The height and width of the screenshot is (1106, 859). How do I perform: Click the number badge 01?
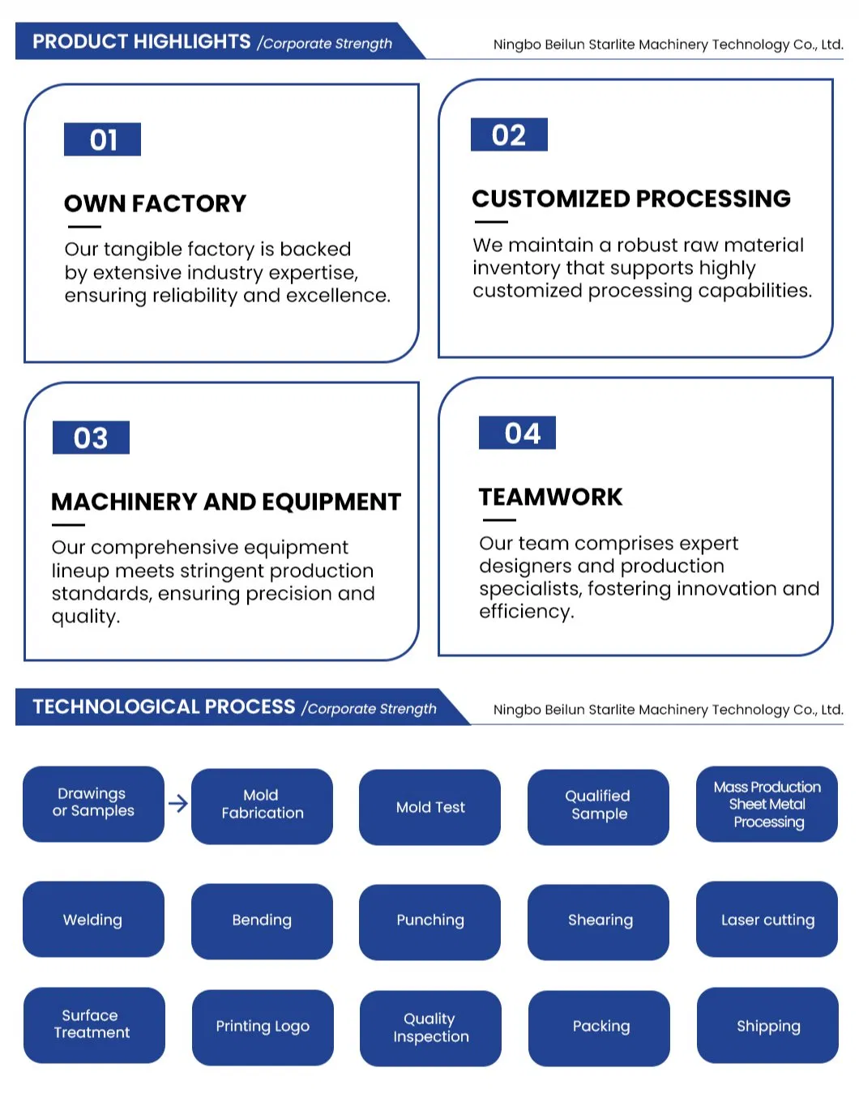pyautogui.click(x=102, y=139)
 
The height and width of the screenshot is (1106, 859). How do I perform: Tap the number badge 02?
pyautogui.click(x=509, y=135)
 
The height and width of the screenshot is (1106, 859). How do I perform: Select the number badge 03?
pyautogui.click(x=91, y=438)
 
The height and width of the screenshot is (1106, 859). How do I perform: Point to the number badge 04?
pyautogui.click(x=517, y=433)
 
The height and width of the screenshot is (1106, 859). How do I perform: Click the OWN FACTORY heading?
pyautogui.click(x=155, y=203)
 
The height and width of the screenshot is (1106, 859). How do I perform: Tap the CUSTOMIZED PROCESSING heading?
pyautogui.click(x=630, y=199)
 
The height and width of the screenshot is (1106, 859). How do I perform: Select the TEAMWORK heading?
pyautogui.click(x=550, y=497)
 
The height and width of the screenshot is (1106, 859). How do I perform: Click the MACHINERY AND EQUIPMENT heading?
pyautogui.click(x=225, y=502)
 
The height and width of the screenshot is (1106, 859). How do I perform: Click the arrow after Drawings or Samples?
pyautogui.click(x=177, y=803)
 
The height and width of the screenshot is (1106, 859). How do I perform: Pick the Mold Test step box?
pyautogui.click(x=429, y=807)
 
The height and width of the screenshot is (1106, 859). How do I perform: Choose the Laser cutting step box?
pyautogui.click(x=767, y=920)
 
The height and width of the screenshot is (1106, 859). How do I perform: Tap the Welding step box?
pyautogui.click(x=93, y=920)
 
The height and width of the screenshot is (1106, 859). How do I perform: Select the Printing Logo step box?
pyautogui.click(x=263, y=1027)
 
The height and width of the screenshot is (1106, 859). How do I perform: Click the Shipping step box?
pyautogui.click(x=767, y=1026)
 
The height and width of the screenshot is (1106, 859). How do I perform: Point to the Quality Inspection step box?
pyautogui.click(x=430, y=1027)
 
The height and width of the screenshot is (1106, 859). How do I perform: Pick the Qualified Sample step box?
pyautogui.click(x=598, y=805)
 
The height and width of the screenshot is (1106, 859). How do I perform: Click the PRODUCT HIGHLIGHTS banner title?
pyautogui.click(x=142, y=41)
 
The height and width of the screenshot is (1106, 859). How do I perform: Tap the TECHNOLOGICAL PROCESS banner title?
pyautogui.click(x=164, y=707)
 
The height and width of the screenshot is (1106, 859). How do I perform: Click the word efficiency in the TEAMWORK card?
pyautogui.click(x=524, y=612)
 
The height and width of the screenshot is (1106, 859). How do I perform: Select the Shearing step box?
pyautogui.click(x=599, y=920)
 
